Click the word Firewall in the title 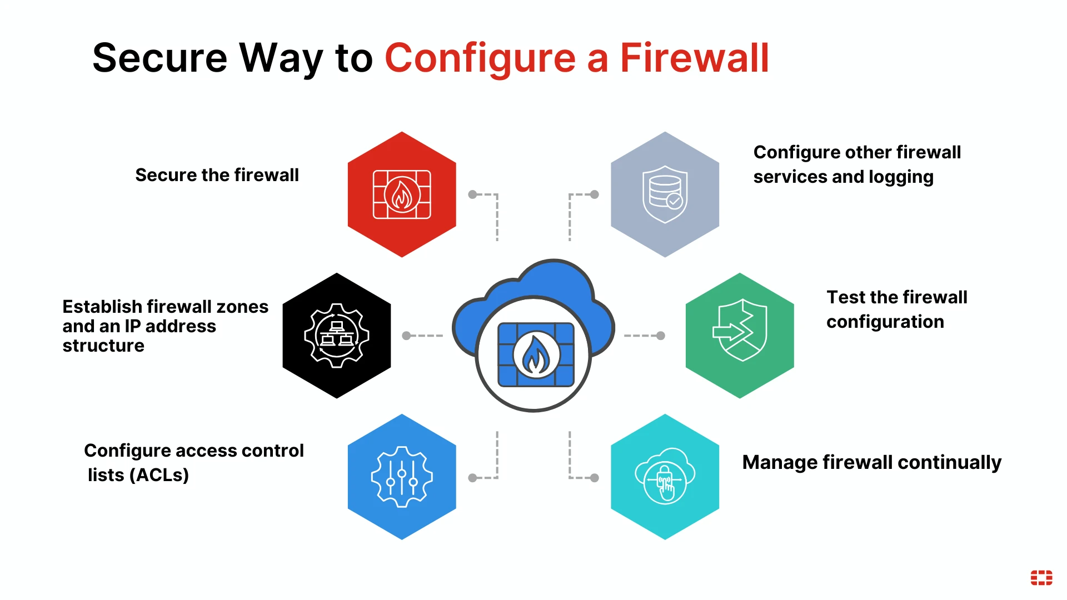[x=694, y=58]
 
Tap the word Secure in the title [x=159, y=58]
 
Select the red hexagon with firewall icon [x=402, y=194]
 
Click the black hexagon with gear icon [x=337, y=336]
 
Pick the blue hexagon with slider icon [x=402, y=477]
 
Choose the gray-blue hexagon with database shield [x=665, y=194]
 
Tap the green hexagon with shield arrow [x=740, y=336]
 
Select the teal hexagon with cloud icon [x=665, y=477]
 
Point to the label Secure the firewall [x=217, y=175]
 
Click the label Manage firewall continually [x=871, y=462]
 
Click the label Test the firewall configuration [x=896, y=309]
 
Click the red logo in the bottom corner [x=1041, y=578]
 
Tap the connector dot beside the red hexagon [x=472, y=194]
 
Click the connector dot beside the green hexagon [x=660, y=336]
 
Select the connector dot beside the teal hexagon [x=595, y=478]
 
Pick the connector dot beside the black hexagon [x=406, y=336]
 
